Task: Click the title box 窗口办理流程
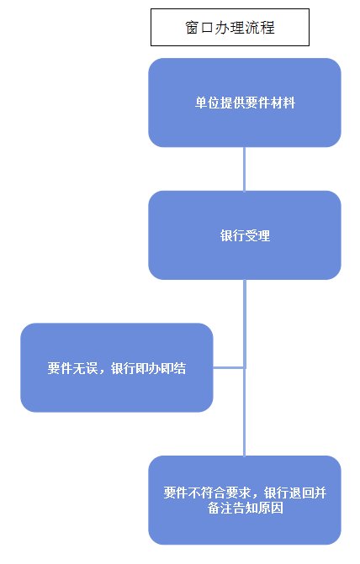[x=230, y=28]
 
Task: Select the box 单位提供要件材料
[x=245, y=103]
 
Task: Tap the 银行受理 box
[x=245, y=235]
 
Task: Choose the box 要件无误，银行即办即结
[x=117, y=367]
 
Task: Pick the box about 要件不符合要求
[x=245, y=500]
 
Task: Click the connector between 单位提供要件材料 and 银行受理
[x=245, y=169]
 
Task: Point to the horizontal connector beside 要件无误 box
[x=229, y=367]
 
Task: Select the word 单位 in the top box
[x=208, y=103]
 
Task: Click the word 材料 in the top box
[x=283, y=103]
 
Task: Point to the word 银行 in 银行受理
[x=232, y=235]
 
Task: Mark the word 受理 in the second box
[x=257, y=235]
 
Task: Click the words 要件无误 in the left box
[x=72, y=368]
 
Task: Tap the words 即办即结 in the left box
[x=161, y=368]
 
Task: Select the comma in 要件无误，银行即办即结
[x=102, y=372]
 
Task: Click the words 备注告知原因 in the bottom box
[x=245, y=508]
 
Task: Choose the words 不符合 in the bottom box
[x=201, y=493]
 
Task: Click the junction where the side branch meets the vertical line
[x=245, y=367]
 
